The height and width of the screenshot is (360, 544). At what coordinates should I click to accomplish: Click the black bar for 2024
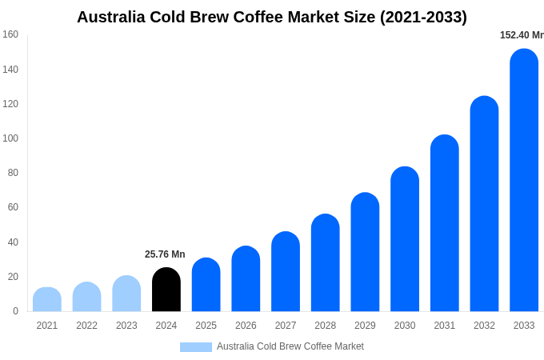166,290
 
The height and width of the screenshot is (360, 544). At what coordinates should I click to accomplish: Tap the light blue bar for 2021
47,299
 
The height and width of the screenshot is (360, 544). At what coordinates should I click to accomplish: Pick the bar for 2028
326,263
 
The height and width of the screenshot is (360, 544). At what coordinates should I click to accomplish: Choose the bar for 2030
405,239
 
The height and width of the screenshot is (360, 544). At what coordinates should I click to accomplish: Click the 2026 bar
246,279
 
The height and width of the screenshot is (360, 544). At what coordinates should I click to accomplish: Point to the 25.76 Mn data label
165,254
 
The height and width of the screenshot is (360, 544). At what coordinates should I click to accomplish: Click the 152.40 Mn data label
522,35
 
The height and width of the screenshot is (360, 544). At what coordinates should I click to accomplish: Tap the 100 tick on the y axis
10,138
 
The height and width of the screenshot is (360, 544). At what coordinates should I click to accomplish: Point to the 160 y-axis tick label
10,34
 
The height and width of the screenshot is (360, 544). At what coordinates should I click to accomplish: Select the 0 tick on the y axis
15,311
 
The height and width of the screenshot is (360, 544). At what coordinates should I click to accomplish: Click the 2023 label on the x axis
126,326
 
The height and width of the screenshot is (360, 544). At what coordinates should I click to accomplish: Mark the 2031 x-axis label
445,326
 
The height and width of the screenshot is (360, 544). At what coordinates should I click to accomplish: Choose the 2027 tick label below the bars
286,326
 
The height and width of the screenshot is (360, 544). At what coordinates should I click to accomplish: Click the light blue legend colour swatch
196,347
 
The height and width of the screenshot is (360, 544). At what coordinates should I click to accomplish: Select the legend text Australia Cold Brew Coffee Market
290,346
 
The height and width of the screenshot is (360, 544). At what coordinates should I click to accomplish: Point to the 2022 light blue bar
86,297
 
